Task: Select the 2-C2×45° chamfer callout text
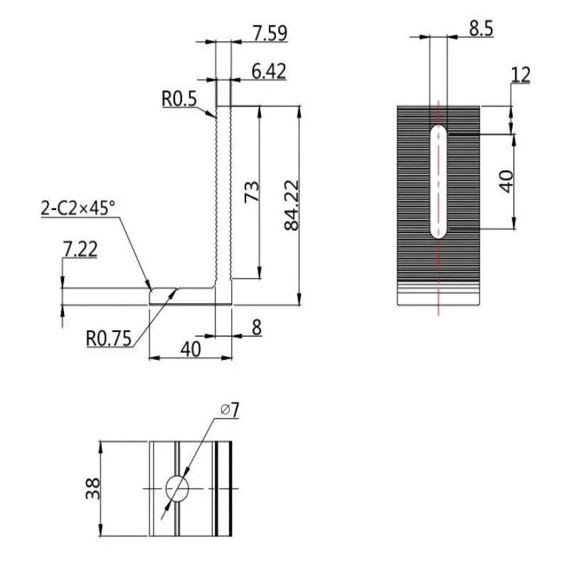pyautogui.click(x=78, y=208)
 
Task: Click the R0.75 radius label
pyautogui.click(x=109, y=339)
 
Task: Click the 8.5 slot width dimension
pyautogui.click(x=481, y=28)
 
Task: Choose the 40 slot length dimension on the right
pyautogui.click(x=506, y=181)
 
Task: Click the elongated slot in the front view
pyautogui.click(x=439, y=181)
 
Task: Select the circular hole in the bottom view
pyautogui.click(x=177, y=488)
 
